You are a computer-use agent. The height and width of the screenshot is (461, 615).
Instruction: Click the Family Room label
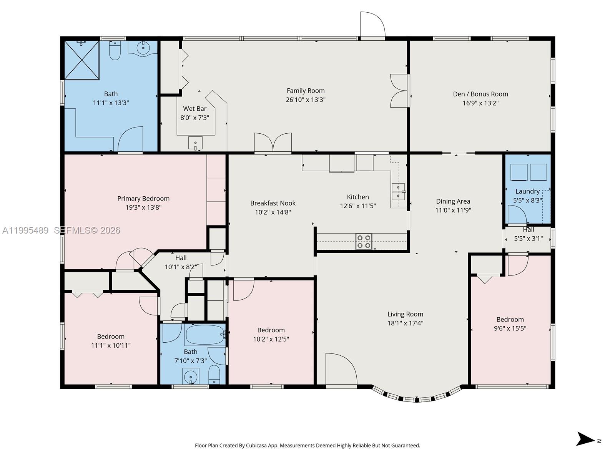[x=306, y=91]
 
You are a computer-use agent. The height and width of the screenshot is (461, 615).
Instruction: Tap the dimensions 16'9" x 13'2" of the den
[x=480, y=103]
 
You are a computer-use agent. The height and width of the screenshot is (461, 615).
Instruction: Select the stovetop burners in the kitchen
[x=364, y=241]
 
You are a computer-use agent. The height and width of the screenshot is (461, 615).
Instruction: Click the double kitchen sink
[x=398, y=191]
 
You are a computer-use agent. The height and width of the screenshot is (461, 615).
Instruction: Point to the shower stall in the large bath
[x=81, y=60]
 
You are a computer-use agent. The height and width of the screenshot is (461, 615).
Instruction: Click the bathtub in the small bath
[x=205, y=335]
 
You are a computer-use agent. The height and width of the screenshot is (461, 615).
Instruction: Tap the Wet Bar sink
[x=195, y=143]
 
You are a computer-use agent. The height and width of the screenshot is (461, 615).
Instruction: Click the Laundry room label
[x=527, y=191]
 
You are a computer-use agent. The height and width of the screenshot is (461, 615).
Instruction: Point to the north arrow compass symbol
[x=586, y=439]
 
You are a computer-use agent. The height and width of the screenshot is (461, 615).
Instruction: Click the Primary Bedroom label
[x=143, y=199]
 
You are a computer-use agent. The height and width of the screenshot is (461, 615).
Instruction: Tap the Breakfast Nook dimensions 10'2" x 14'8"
[x=273, y=212]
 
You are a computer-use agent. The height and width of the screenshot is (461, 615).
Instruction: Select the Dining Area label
[x=453, y=201]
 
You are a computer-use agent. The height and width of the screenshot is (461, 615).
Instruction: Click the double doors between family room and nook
[x=273, y=143]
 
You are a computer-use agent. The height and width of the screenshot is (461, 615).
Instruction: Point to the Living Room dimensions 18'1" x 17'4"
[x=405, y=323]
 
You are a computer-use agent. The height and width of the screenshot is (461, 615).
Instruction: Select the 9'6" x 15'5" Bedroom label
[x=510, y=320]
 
